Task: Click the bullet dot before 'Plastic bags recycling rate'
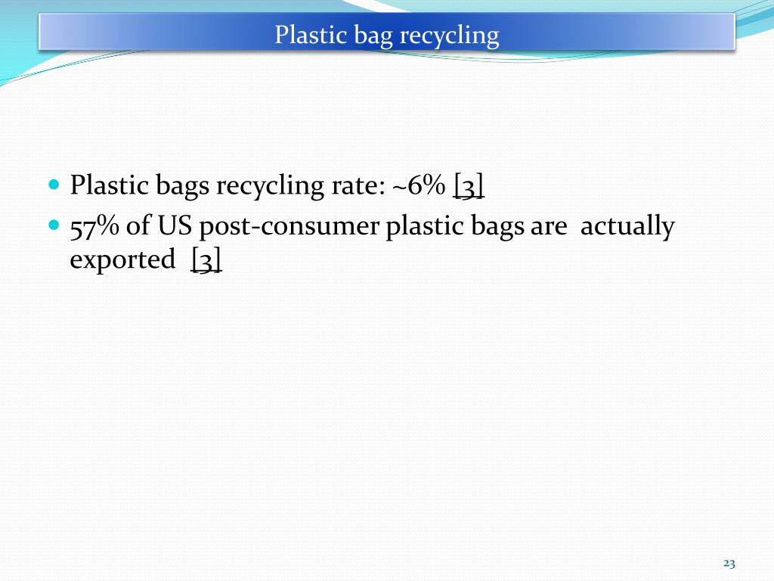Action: (x=53, y=184)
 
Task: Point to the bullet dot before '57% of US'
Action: (x=53, y=225)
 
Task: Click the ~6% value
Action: (x=418, y=185)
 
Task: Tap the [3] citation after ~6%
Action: (x=469, y=186)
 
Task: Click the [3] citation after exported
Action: (x=206, y=260)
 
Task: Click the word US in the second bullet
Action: (x=175, y=226)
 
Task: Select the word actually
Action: (x=627, y=227)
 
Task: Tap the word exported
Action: (x=122, y=260)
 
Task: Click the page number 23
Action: (x=729, y=563)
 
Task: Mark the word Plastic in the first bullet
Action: (x=110, y=185)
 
